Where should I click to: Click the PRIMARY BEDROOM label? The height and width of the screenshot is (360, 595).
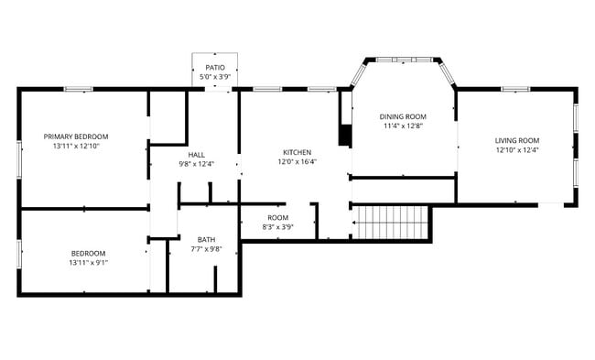(x=75, y=136)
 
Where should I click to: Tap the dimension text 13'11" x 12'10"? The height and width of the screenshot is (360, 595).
(x=75, y=147)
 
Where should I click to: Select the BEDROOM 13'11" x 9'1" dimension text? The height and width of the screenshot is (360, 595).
(x=88, y=263)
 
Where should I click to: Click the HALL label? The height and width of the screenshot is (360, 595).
(x=196, y=154)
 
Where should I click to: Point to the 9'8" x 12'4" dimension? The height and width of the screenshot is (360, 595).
(x=196, y=164)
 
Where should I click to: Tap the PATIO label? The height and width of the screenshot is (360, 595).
(x=215, y=68)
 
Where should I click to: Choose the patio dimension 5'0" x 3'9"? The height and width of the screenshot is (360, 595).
(x=215, y=77)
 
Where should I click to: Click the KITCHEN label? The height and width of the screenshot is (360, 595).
(x=297, y=152)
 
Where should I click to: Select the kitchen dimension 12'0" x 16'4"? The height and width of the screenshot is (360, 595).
(x=297, y=162)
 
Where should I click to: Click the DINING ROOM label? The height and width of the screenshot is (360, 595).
(x=403, y=116)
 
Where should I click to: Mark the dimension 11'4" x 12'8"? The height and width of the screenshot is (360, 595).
(x=403, y=126)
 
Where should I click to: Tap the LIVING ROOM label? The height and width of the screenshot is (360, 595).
(x=517, y=140)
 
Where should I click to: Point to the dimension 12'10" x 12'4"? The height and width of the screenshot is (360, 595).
(x=517, y=150)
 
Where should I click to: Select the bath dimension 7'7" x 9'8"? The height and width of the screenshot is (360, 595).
(x=206, y=248)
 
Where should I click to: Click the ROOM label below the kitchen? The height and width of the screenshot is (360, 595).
(x=277, y=217)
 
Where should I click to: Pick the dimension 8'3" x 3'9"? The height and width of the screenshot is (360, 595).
(x=277, y=227)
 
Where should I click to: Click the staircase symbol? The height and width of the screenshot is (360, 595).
(x=392, y=221)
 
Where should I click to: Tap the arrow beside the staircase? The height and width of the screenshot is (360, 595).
(x=351, y=222)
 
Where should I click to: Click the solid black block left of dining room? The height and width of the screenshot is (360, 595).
(x=344, y=134)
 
